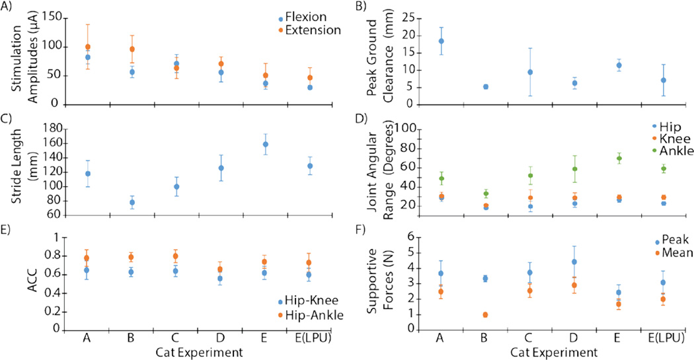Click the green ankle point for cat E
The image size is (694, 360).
(x=619, y=159)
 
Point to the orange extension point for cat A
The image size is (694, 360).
(x=88, y=47)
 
